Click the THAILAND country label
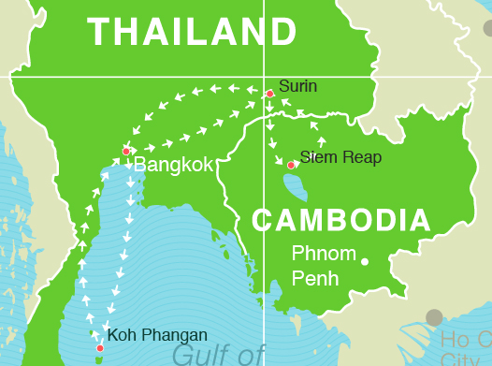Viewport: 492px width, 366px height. pos(192,32)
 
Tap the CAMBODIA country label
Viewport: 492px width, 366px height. pos(341,221)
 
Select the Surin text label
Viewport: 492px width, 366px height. pos(297,87)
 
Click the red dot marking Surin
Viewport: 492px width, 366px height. pos(269,94)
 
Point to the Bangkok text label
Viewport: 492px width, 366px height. pos(173,166)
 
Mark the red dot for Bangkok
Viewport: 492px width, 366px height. pos(126,151)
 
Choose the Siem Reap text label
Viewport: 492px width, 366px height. pos(340,157)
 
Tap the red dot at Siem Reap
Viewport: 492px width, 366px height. pos(291,165)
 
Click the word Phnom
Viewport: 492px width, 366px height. pos(324,254)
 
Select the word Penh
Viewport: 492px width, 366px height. pos(315,278)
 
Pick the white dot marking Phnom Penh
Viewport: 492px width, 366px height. pos(365,261)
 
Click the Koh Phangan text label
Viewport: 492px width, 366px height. pos(157,335)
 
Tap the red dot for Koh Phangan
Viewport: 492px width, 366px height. pos(100,348)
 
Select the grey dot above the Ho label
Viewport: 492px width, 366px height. pos(434,317)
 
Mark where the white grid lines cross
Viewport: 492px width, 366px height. pos(264,77)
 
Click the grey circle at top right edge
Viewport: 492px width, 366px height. pos(486,28)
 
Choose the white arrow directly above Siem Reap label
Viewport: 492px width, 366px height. pos(322,141)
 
